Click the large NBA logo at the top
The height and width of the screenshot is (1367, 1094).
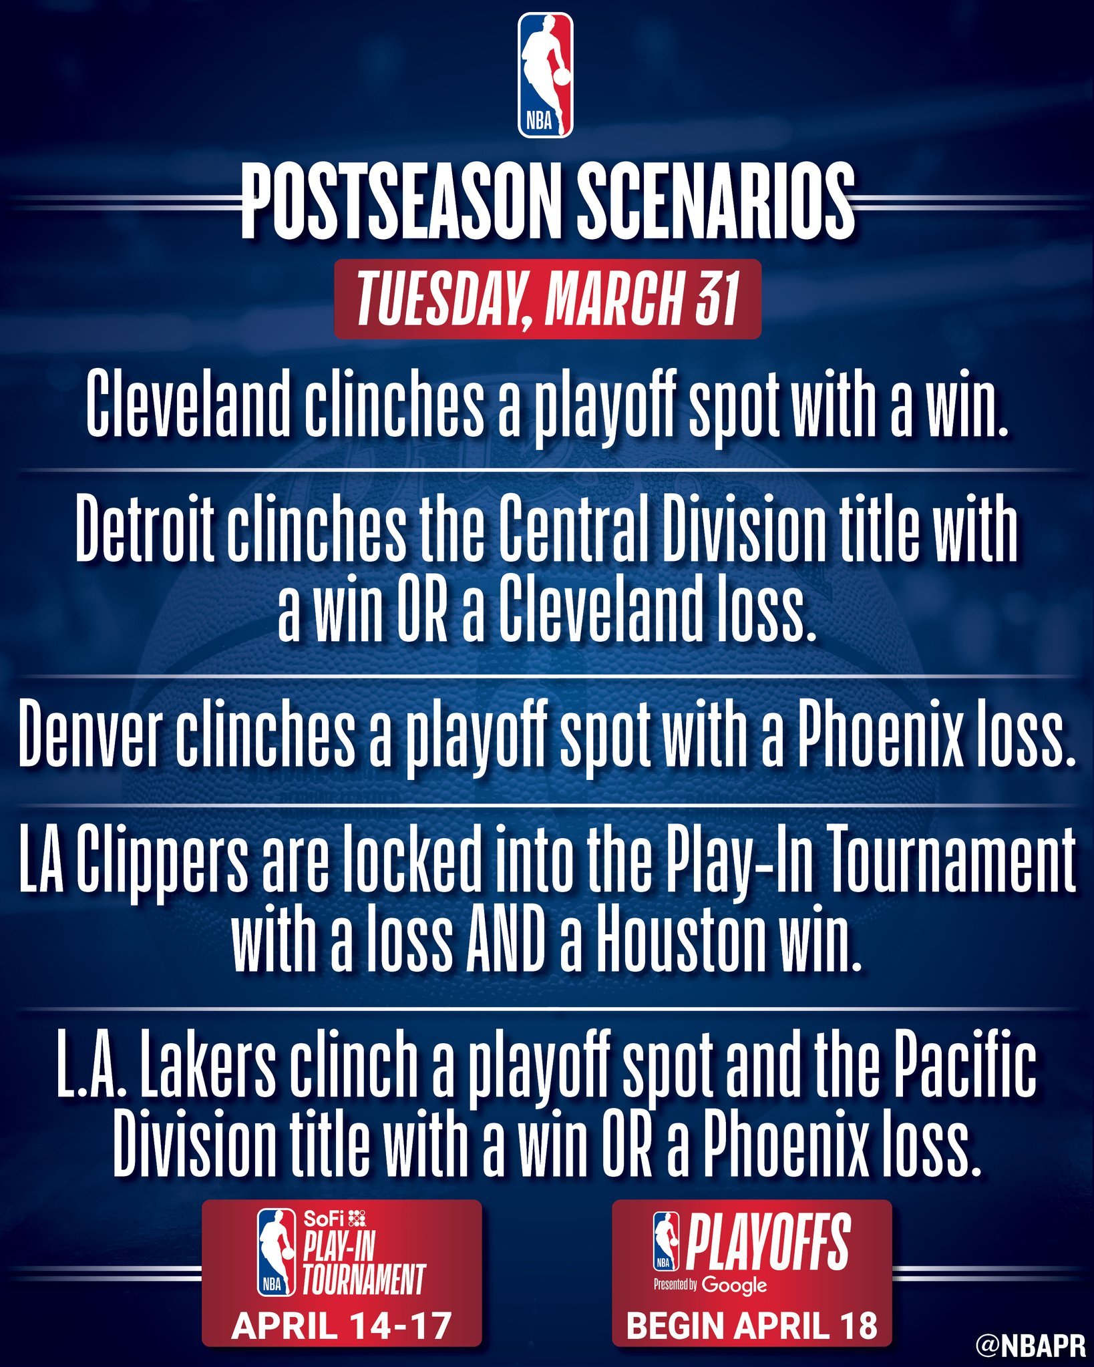coord(546,75)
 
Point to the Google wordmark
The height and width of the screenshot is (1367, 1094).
coord(734,1286)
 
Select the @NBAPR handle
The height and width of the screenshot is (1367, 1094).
coord(1031,1346)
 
